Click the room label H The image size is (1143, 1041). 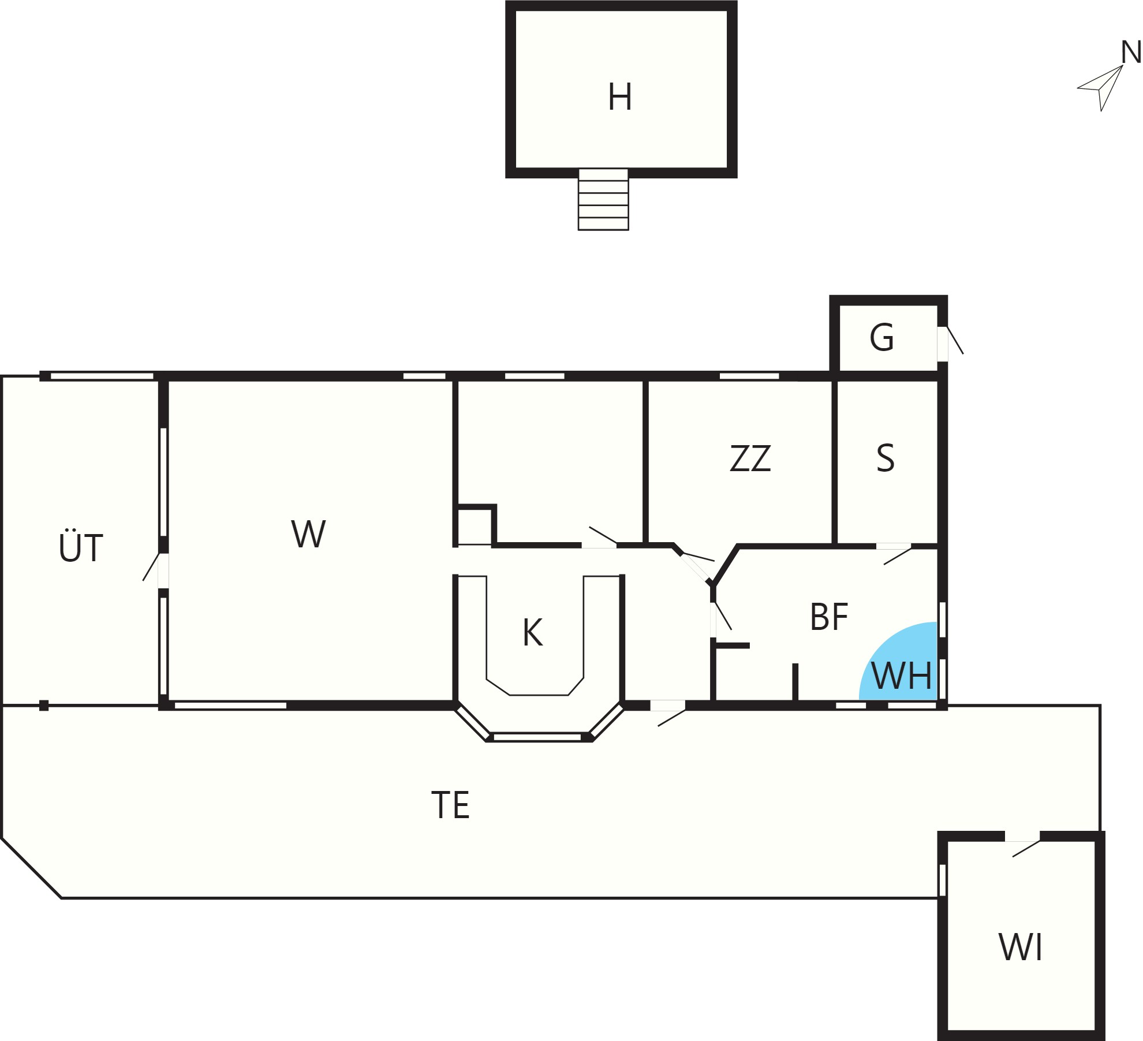click(x=619, y=97)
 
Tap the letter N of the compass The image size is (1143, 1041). click(x=1131, y=53)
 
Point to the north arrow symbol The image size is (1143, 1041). click(x=1100, y=88)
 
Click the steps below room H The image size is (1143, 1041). click(x=603, y=199)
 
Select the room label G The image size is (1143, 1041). click(x=881, y=338)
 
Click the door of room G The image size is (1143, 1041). click(x=950, y=343)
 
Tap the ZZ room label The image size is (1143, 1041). click(x=750, y=458)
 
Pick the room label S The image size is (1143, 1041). click(x=886, y=458)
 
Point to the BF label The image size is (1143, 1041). click(x=829, y=617)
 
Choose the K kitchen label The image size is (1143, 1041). click(x=532, y=632)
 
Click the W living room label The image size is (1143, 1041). click(x=308, y=534)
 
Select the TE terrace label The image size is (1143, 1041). click(x=450, y=805)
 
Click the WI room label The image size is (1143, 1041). click(x=1021, y=947)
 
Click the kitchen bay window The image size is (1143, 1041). click(x=537, y=737)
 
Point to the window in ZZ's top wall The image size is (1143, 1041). click(x=749, y=376)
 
